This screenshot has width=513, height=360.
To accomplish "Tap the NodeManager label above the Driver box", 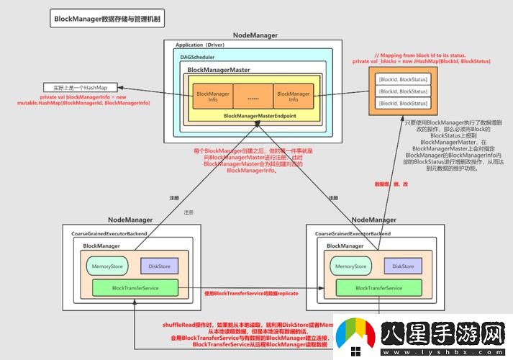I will (255, 35).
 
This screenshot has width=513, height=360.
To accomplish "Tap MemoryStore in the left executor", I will (107, 266).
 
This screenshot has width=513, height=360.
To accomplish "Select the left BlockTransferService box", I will (135, 288).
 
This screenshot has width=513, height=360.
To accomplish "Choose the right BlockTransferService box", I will (378, 288).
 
